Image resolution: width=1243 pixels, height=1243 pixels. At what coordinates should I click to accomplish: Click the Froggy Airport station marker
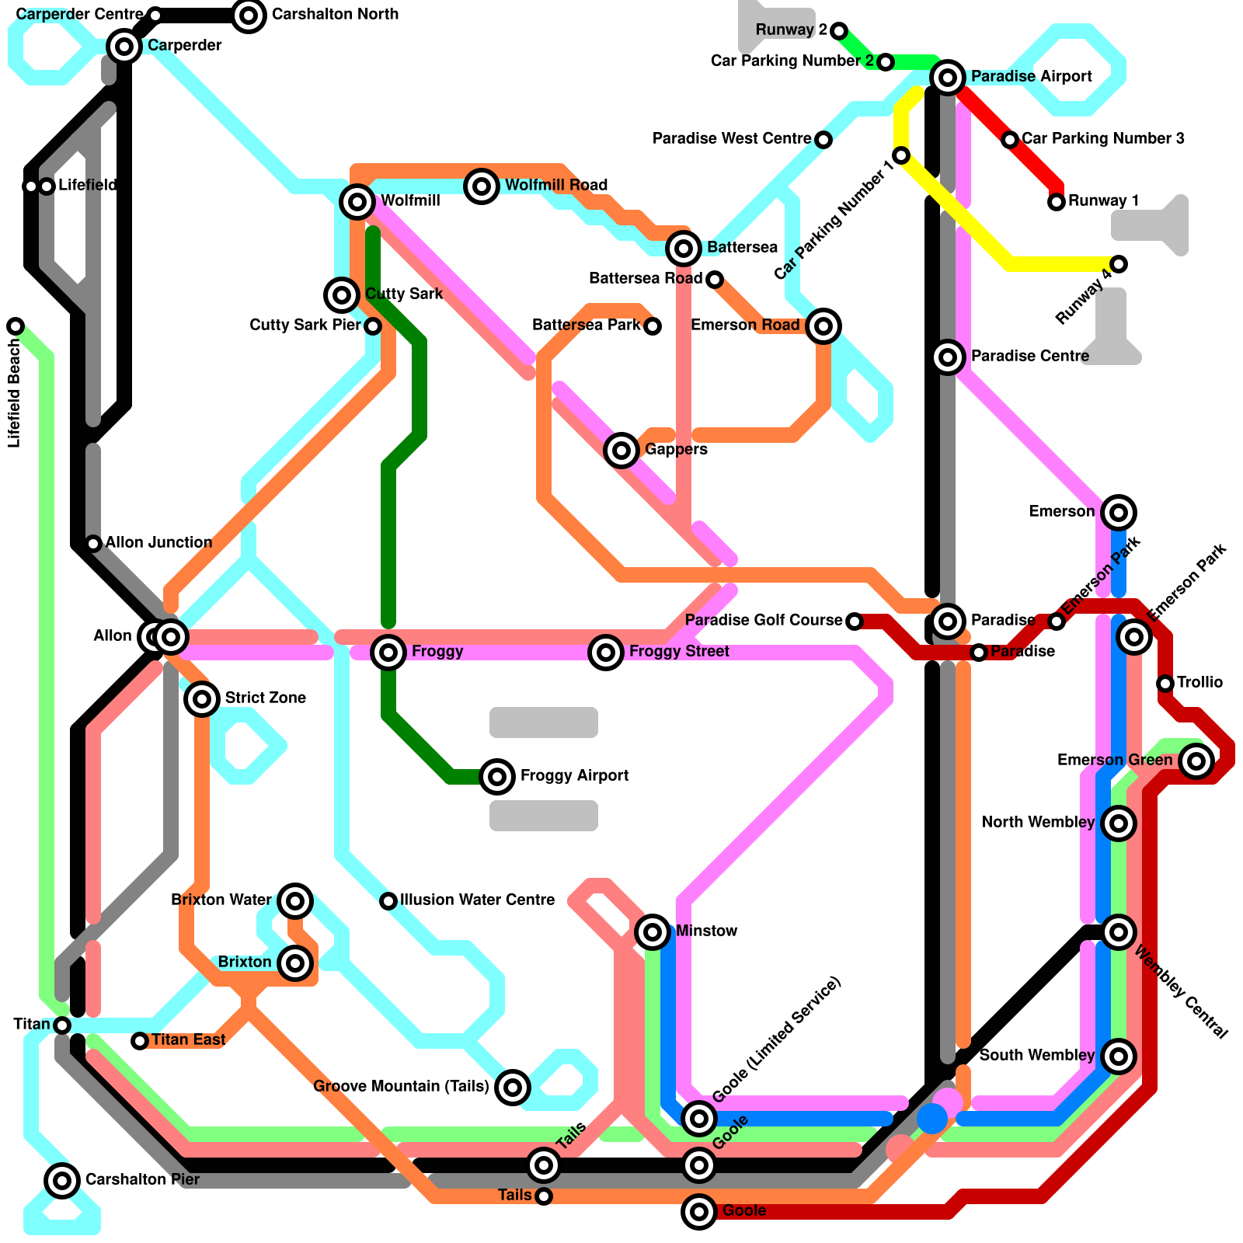pyautogui.click(x=497, y=776)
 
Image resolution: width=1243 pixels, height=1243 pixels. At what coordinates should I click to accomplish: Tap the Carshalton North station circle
pyautogui.click(x=249, y=15)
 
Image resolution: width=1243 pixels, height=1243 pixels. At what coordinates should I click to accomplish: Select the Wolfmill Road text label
pyautogui.click(x=556, y=185)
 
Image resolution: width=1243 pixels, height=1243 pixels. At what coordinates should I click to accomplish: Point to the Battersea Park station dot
pyautogui.click(x=653, y=326)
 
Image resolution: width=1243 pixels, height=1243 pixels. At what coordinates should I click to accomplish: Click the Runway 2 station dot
pyautogui.click(x=839, y=31)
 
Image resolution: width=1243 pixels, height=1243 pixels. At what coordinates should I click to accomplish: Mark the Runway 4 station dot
pyautogui.click(x=1119, y=264)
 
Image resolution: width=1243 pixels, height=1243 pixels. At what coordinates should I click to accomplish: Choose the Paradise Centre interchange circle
pyautogui.click(x=948, y=357)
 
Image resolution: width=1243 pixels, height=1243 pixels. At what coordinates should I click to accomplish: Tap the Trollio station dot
pyautogui.click(x=1165, y=684)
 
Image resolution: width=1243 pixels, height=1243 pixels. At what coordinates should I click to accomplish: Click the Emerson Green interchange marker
pyautogui.click(x=1196, y=761)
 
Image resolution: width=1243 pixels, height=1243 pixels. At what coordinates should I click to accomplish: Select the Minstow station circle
pyautogui.click(x=653, y=931)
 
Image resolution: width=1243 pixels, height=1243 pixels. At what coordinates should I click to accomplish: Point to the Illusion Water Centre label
pyautogui.click(x=477, y=900)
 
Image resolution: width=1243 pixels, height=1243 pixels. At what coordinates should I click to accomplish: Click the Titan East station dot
pyautogui.click(x=140, y=1041)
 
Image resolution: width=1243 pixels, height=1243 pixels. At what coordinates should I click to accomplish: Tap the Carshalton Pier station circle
pyautogui.click(x=62, y=1180)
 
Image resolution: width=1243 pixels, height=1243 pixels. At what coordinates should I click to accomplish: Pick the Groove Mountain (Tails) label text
pyautogui.click(x=401, y=1086)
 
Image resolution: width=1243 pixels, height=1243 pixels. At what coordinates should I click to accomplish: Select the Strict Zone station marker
pyautogui.click(x=202, y=698)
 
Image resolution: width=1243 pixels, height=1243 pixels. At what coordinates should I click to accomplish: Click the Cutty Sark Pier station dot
pyautogui.click(x=373, y=326)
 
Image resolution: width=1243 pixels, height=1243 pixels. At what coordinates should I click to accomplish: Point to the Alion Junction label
pyautogui.click(x=158, y=542)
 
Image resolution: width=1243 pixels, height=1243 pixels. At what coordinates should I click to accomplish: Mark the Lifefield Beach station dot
pyautogui.click(x=16, y=326)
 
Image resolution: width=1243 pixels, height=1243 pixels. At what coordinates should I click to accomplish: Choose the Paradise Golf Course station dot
pyautogui.click(x=855, y=621)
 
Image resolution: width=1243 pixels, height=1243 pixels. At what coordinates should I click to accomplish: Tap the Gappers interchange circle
pyautogui.click(x=621, y=450)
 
